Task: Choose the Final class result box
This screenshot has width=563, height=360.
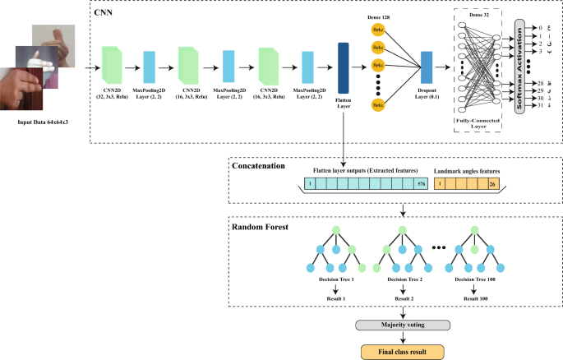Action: [403, 352]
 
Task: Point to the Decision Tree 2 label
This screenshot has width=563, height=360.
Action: [403, 279]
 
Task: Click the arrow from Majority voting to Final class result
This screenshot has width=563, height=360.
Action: [403, 339]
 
